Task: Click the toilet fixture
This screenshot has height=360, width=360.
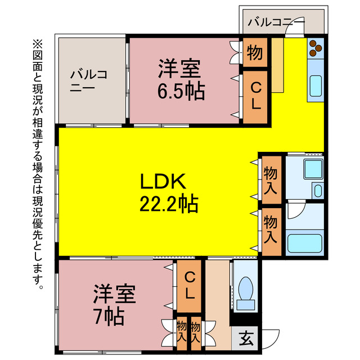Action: pos(245,292)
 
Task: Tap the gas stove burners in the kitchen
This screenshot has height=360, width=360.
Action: pos(315,48)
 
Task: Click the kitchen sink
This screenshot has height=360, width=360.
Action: pos(315,88)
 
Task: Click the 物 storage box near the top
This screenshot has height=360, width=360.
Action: pos(254,53)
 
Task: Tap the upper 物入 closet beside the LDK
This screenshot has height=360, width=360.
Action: pos(271,180)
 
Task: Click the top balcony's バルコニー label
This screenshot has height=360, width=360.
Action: pos(276,23)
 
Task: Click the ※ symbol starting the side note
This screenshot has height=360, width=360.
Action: pos(38,43)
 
